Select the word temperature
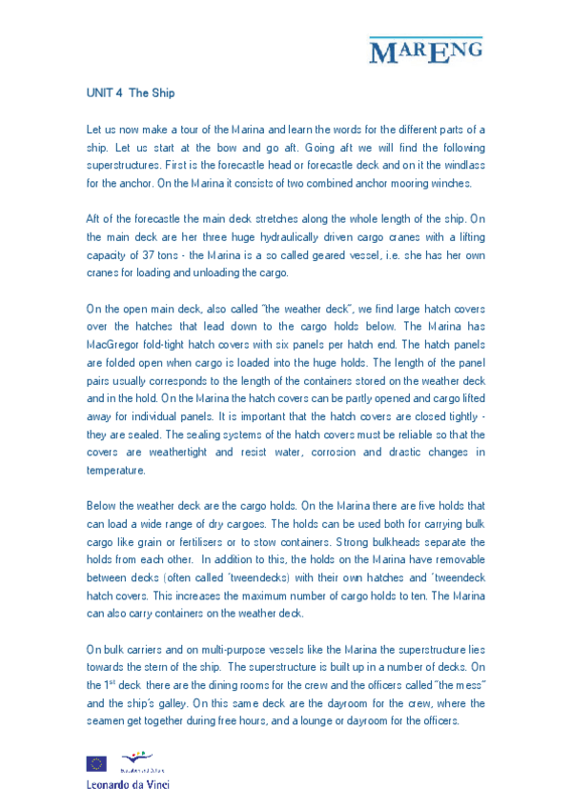[x=115, y=471]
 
